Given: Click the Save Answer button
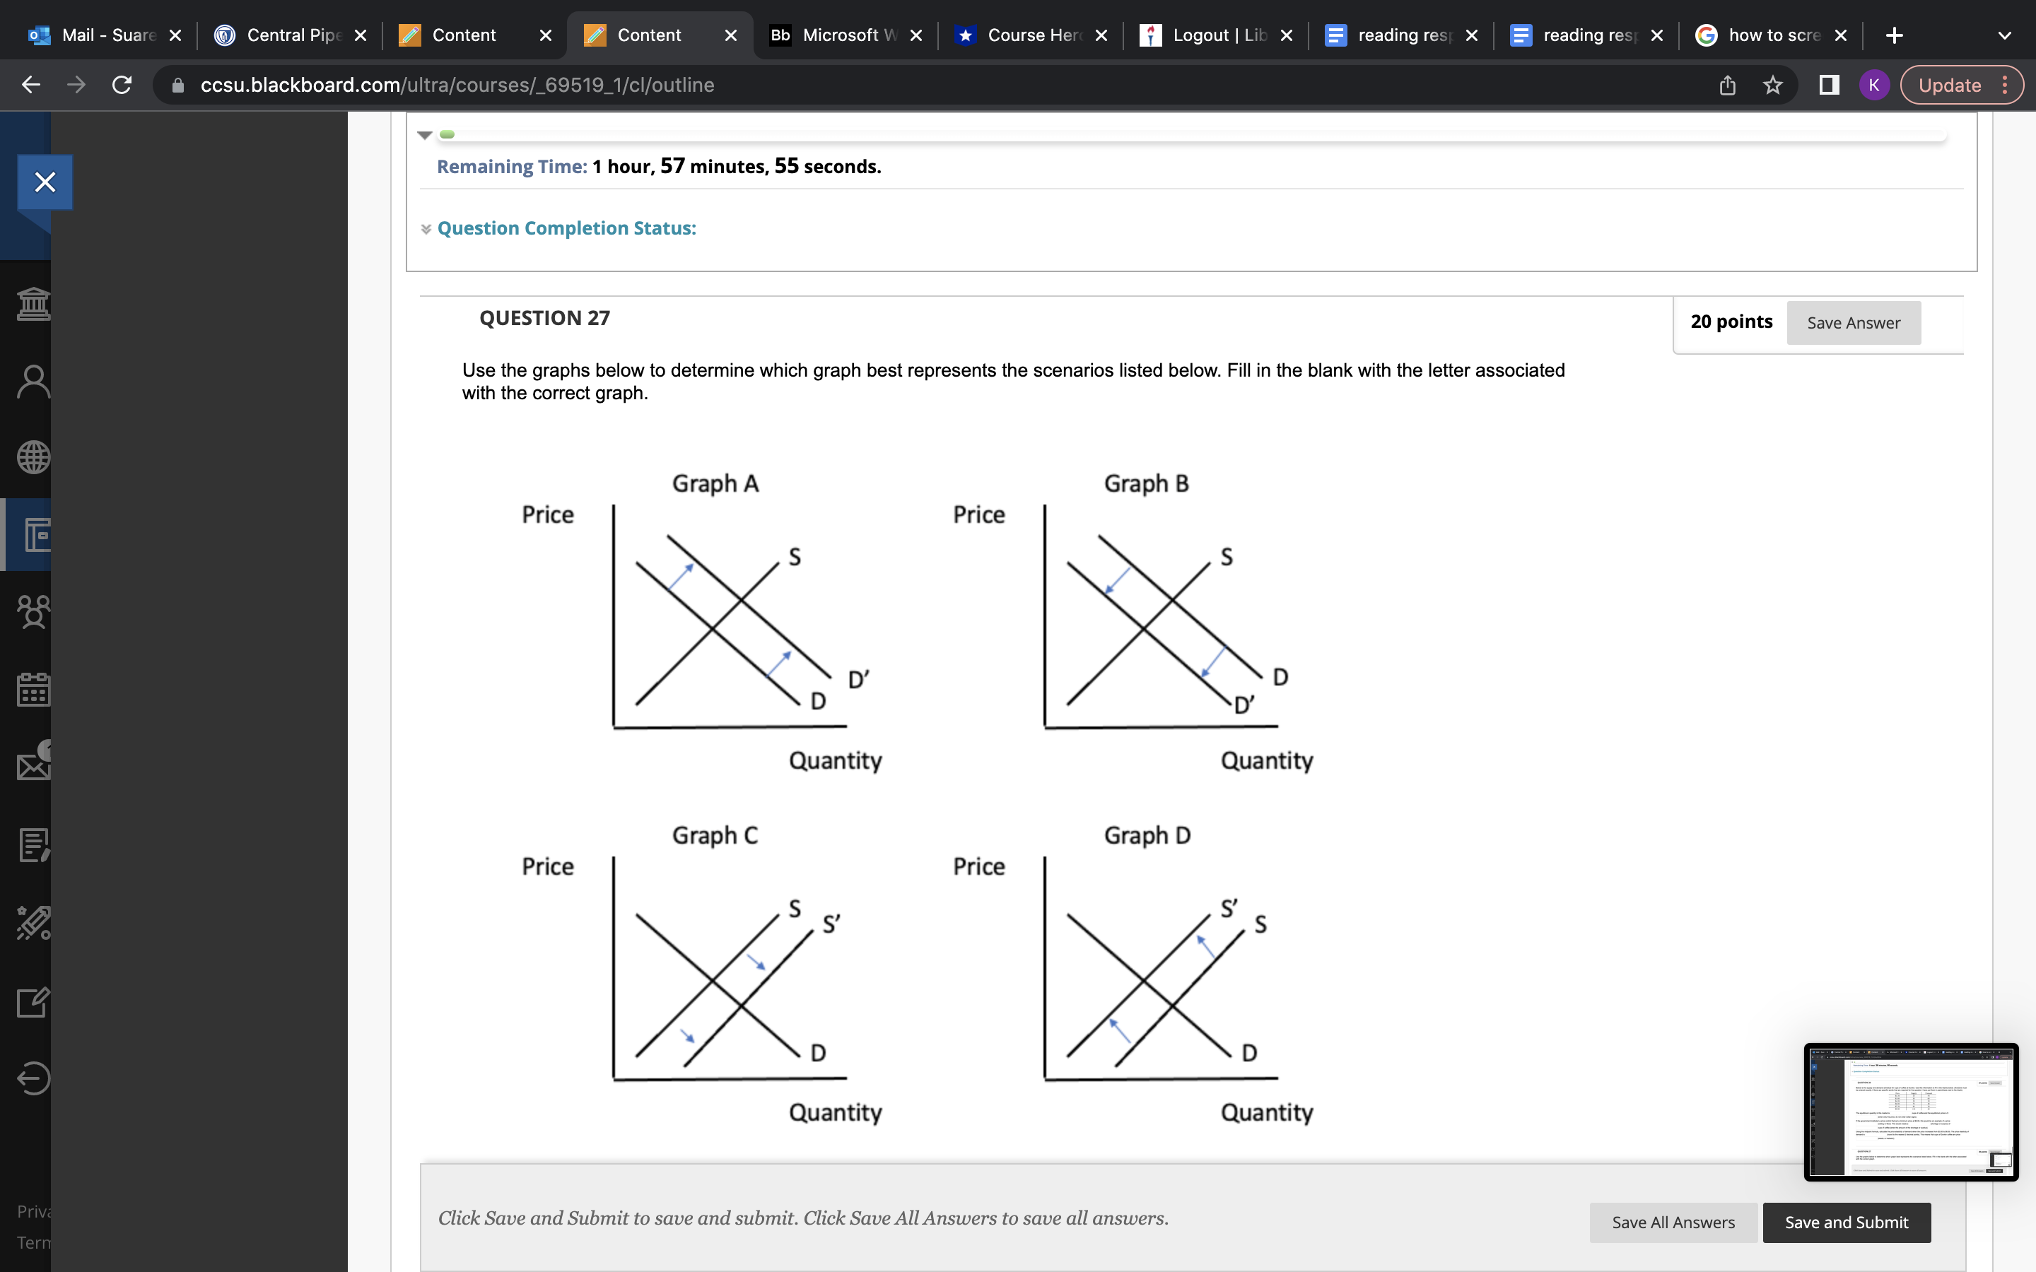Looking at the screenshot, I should tap(1853, 323).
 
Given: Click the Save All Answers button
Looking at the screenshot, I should tap(1673, 1222).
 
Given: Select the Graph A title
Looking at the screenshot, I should tap(715, 484).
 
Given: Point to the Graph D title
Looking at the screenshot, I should tap(1147, 835).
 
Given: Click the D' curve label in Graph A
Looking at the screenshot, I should tap(858, 679).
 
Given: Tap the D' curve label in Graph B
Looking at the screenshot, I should tap(1244, 705).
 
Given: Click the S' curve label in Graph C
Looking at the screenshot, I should tap(831, 924).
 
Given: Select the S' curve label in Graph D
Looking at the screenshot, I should tap(1229, 909).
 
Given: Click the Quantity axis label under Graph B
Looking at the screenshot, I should tap(1266, 760).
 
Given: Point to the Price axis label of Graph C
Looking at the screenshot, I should tap(548, 866).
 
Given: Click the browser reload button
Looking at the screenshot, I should tap(122, 85).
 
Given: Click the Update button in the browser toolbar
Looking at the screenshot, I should tap(1949, 85).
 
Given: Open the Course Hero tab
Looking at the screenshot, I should tap(1033, 35).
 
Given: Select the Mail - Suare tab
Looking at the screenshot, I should tap(107, 35).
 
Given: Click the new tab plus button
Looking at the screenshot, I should tap(1894, 35).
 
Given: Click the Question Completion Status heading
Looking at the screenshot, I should tap(566, 228).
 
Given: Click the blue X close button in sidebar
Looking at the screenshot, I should tap(45, 182).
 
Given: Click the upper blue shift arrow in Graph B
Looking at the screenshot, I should tap(1117, 580).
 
